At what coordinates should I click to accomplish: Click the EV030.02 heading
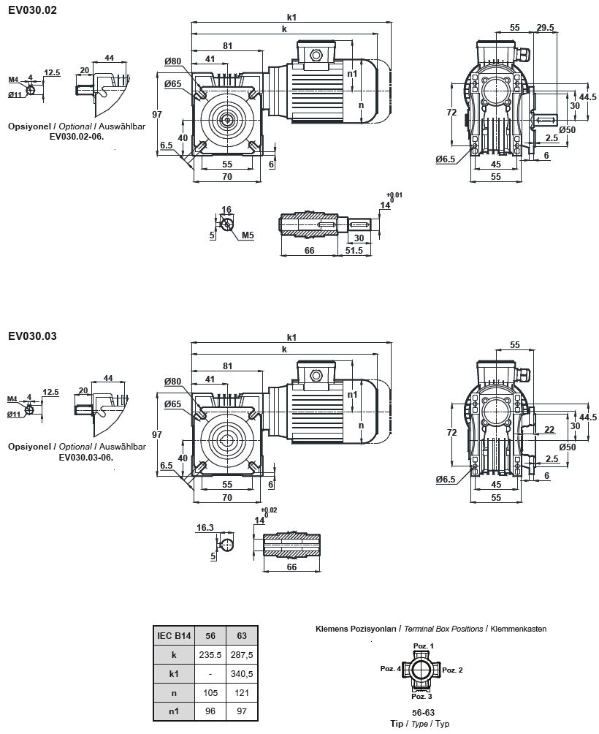coord(32,10)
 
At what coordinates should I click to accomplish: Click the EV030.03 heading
coord(32,337)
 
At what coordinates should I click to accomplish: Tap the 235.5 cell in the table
coord(210,655)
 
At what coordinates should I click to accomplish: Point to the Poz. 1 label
coord(424,646)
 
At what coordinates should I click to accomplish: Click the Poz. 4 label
coord(390,669)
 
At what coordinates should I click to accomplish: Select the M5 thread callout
coord(248,235)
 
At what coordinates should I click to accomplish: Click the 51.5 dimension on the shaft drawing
coord(354,251)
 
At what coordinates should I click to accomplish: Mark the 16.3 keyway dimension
coord(205,526)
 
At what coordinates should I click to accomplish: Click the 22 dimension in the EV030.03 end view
coord(549,429)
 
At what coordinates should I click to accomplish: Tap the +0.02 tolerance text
coord(268,510)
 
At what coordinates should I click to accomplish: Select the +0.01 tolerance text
coord(394,194)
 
